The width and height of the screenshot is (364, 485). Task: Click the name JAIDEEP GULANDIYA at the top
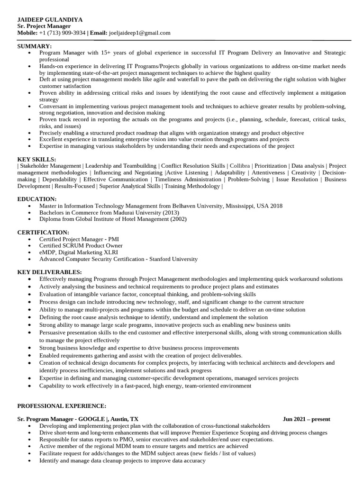50,19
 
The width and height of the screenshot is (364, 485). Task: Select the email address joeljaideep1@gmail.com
139,33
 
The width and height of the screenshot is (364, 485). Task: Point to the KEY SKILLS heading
36,159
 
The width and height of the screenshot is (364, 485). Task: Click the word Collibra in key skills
239,166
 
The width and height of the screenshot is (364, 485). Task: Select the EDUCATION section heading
37,199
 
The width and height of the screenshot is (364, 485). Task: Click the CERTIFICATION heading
43,233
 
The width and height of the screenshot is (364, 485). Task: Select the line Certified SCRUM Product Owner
81,246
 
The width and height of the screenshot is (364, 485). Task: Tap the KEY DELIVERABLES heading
49,272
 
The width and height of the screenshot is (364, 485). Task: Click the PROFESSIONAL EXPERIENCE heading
62,406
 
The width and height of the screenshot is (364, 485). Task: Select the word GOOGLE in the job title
93,419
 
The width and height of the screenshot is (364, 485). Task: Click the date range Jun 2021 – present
306,419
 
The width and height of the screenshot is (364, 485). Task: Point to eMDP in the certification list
48,252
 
